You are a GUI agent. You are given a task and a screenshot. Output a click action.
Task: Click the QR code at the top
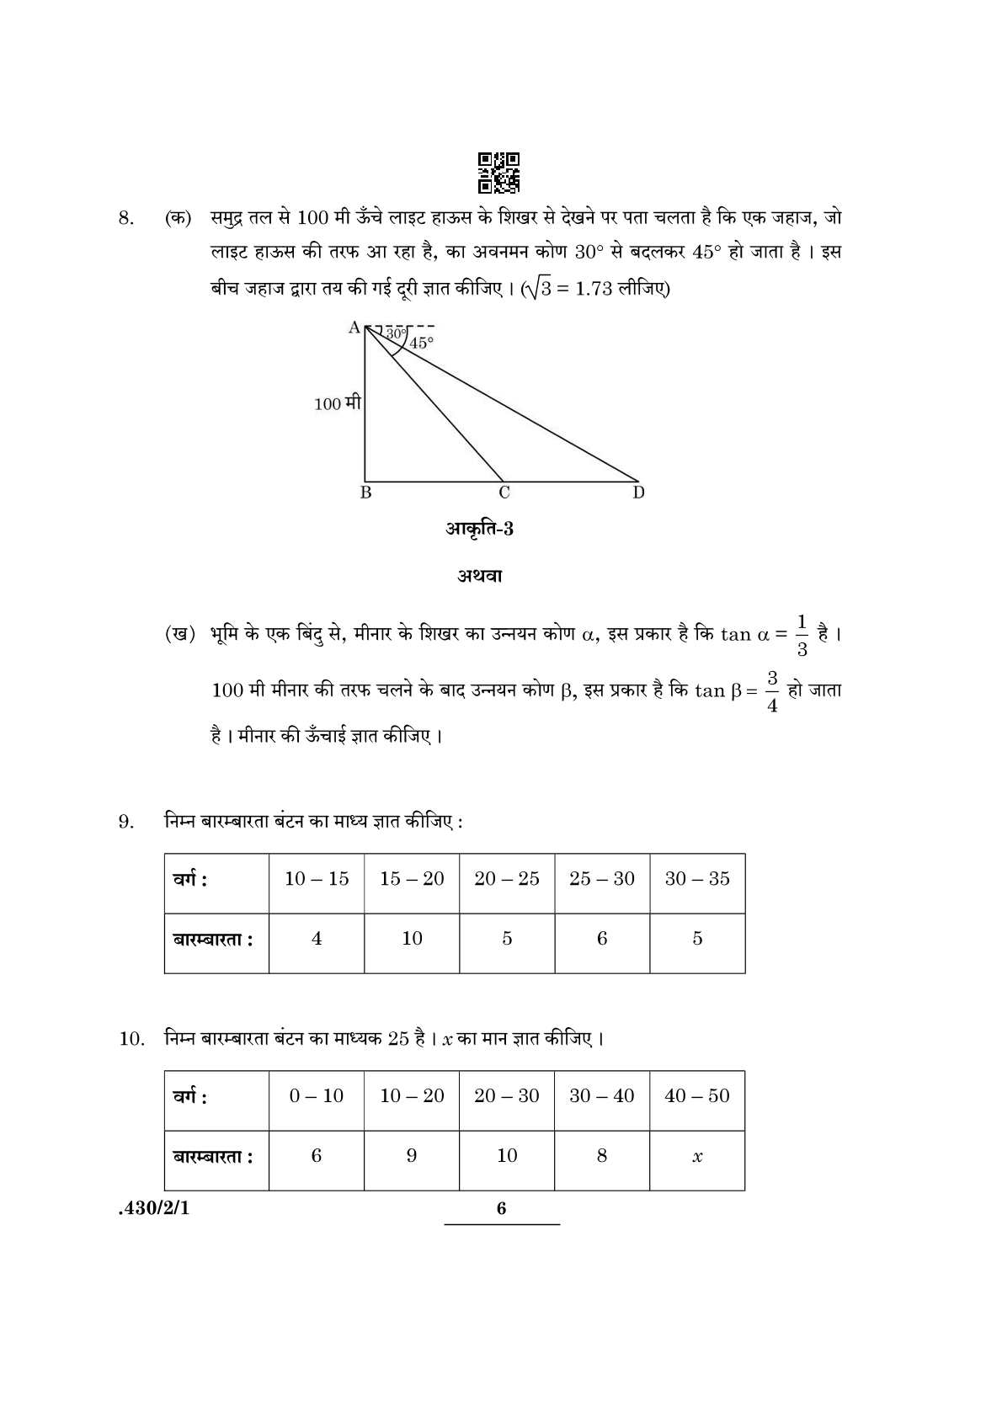[499, 172]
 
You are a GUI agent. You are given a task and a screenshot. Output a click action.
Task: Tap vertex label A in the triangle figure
[354, 327]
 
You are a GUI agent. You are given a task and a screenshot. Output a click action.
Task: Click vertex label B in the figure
[365, 493]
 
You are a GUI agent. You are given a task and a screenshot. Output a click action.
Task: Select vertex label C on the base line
[504, 493]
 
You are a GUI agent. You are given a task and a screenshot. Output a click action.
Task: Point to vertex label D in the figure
[638, 493]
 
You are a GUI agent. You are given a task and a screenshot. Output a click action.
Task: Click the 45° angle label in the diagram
[421, 343]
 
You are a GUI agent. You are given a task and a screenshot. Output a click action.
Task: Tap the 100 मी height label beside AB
[338, 403]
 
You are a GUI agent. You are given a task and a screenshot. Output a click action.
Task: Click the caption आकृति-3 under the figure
[479, 529]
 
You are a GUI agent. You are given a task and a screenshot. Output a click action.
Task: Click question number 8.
[126, 218]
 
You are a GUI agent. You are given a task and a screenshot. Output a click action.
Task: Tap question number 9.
[126, 821]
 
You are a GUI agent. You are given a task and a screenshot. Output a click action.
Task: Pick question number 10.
[131, 1038]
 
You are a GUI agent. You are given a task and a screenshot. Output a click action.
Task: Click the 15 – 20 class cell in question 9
[412, 879]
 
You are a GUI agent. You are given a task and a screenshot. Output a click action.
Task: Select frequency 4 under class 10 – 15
[317, 939]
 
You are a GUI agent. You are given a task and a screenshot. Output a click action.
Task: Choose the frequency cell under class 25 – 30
[602, 939]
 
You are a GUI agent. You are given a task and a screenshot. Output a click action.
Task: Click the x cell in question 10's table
[697, 1157]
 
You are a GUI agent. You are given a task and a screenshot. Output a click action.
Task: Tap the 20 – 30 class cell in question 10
[507, 1096]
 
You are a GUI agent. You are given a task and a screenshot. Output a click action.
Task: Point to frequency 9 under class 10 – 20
[412, 1156]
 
